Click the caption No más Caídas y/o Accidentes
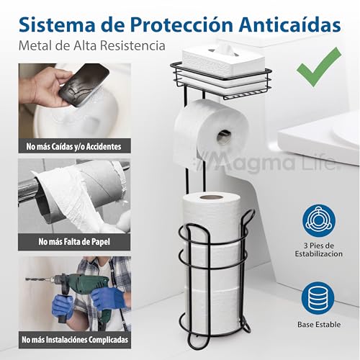[x=73, y=146]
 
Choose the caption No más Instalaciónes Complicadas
[x=73, y=339]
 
